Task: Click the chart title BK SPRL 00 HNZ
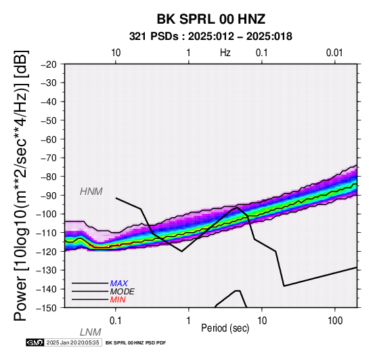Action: (x=211, y=19)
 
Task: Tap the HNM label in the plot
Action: (x=91, y=192)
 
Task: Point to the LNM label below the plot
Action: (x=91, y=332)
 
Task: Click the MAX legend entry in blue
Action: (x=119, y=284)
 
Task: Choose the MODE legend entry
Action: (x=123, y=292)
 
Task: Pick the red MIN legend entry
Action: (x=118, y=300)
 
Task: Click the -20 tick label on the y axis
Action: (x=49, y=64)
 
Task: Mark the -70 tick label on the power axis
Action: (x=49, y=158)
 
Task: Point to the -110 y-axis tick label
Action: (x=47, y=233)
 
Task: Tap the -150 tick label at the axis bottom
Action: (x=47, y=308)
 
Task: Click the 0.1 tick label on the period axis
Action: (x=115, y=321)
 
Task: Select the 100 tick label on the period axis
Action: (x=335, y=321)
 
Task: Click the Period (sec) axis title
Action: (x=225, y=328)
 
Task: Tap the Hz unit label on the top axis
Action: (x=225, y=53)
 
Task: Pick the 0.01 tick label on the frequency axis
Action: (x=334, y=53)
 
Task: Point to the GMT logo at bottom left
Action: (x=35, y=342)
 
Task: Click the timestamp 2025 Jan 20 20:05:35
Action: (x=72, y=342)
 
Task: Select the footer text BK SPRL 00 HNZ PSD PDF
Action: (x=135, y=343)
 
